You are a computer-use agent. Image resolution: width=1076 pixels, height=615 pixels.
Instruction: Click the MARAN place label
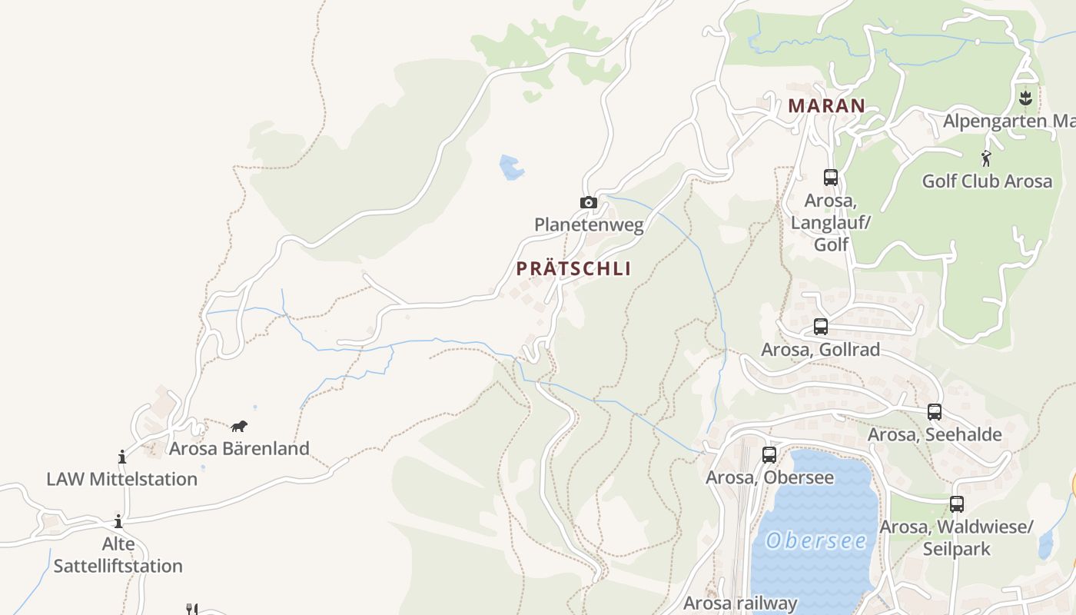point(827,106)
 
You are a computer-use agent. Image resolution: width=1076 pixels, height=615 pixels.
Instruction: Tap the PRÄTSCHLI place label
point(573,268)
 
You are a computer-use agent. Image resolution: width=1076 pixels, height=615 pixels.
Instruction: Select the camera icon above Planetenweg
point(589,202)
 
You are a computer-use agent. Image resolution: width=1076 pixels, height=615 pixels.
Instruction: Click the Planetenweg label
point(589,224)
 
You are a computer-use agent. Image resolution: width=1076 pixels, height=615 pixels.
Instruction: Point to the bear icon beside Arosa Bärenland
point(239,426)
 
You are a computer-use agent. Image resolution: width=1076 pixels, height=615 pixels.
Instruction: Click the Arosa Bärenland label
point(239,448)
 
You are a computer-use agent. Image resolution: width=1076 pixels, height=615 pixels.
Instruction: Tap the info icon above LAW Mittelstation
point(121,457)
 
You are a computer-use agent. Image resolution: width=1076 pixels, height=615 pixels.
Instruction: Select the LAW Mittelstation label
point(121,479)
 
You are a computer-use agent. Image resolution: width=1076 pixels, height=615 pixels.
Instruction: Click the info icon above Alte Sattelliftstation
point(118,521)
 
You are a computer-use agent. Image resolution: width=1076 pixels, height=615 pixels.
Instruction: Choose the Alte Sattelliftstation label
point(118,555)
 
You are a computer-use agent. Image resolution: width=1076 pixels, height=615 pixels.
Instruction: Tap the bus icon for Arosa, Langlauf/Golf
point(831,178)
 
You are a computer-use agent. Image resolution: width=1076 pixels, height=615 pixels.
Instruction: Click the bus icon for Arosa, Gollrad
point(821,327)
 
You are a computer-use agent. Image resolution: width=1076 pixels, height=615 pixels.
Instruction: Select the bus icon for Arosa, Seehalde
point(935,412)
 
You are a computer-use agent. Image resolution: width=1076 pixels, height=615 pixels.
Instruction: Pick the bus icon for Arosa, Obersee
point(769,455)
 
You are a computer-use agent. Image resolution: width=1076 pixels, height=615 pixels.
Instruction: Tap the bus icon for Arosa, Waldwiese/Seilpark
point(957,504)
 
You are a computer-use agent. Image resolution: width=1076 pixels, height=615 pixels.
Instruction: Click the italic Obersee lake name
point(816,540)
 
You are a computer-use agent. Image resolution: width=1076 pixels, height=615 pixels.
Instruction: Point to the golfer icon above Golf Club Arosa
point(987,159)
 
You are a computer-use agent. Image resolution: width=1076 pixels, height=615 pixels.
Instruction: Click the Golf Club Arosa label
point(987,181)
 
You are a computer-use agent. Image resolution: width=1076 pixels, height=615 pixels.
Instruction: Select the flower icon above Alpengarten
point(1025,98)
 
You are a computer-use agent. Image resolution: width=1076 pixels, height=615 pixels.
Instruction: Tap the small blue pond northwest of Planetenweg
point(511,167)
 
